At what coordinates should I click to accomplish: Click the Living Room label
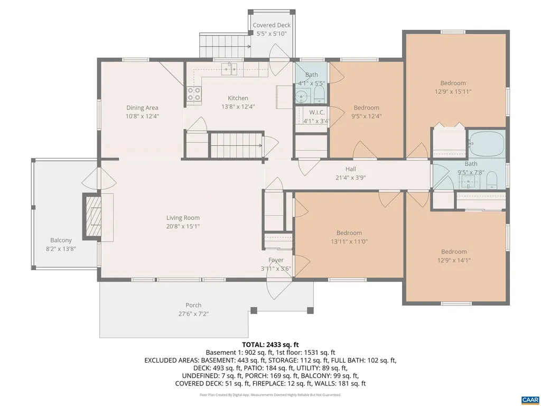click(x=183, y=218)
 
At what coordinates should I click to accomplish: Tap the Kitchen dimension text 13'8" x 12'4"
click(x=238, y=106)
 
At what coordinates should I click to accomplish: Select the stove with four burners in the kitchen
click(x=194, y=94)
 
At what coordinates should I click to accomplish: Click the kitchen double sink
click(x=229, y=69)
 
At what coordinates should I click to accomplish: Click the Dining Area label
click(x=142, y=108)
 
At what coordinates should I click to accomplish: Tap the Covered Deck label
click(x=272, y=25)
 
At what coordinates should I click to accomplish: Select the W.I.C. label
click(x=317, y=113)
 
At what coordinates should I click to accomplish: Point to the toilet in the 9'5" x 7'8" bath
click(x=491, y=180)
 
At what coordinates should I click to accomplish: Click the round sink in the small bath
click(x=302, y=97)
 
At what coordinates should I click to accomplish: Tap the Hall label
click(x=350, y=169)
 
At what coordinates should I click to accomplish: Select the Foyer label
click(x=276, y=260)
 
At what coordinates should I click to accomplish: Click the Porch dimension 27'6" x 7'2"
click(x=193, y=313)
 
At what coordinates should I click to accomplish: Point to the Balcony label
click(x=61, y=240)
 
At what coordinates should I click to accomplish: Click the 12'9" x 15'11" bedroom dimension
click(x=453, y=91)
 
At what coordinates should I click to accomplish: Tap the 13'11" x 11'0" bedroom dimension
click(x=349, y=242)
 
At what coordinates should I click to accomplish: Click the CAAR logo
click(x=529, y=399)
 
